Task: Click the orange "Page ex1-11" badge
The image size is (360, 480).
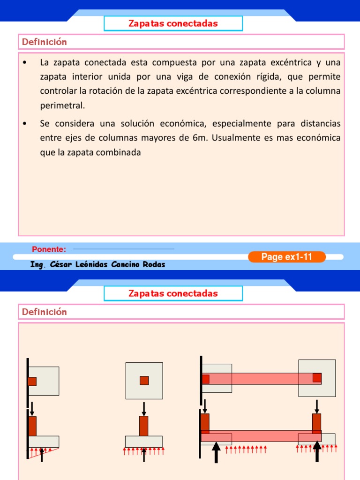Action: pyautogui.click(x=286, y=256)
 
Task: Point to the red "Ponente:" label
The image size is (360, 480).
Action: pyautogui.click(x=49, y=249)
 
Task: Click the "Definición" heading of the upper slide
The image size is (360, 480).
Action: pyautogui.click(x=45, y=42)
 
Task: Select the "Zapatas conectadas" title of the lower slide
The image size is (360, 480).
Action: pyautogui.click(x=173, y=293)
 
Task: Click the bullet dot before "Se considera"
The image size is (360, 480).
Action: pyautogui.click(x=25, y=124)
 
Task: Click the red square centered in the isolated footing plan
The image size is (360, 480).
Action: pyautogui.click(x=144, y=380)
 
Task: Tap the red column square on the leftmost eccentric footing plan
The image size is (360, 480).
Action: pyautogui.click(x=32, y=382)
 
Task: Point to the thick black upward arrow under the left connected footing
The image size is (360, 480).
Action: pyautogui.click(x=216, y=453)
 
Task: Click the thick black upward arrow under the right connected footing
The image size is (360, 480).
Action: pyautogui.click(x=317, y=452)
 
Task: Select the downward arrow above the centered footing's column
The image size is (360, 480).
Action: pyautogui.click(x=144, y=408)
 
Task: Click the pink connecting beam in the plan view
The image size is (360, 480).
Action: pyautogui.click(x=261, y=378)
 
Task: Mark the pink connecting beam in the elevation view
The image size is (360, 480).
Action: pyautogui.click(x=261, y=435)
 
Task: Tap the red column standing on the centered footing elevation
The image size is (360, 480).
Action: pyautogui.click(x=144, y=426)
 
